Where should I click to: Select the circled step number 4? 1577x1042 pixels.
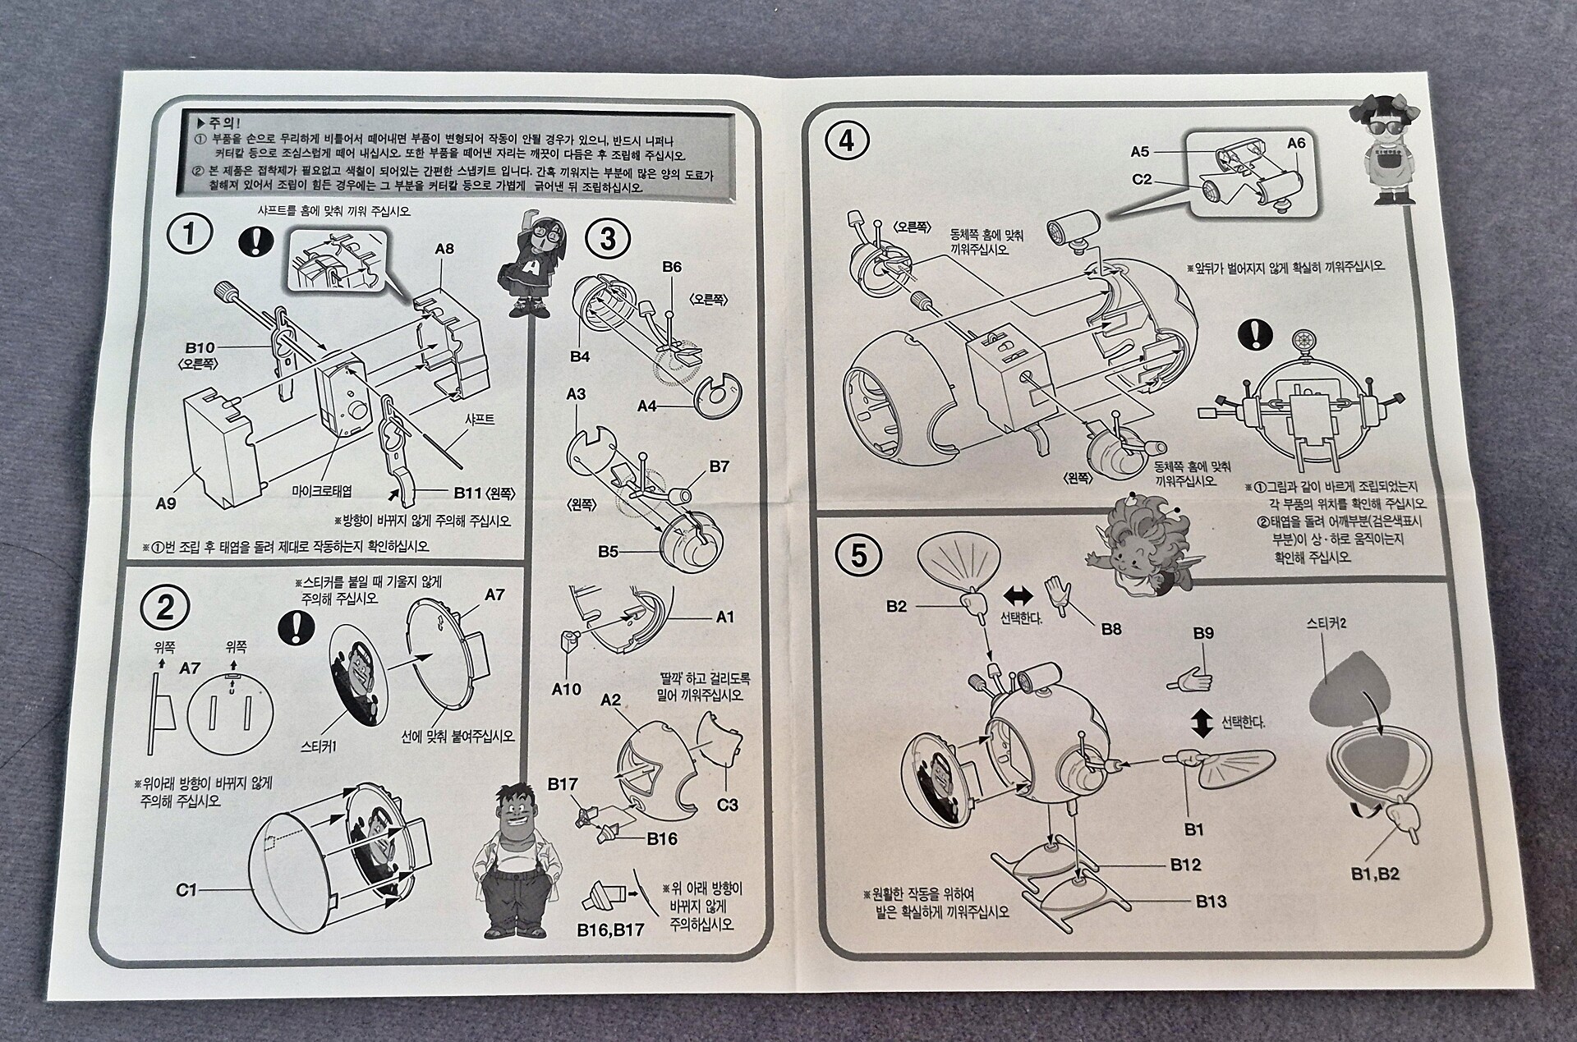pyautogui.click(x=847, y=141)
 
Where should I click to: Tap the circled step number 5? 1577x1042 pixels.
pyautogui.click(x=858, y=556)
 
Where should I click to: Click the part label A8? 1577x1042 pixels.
pyautogui.click(x=444, y=248)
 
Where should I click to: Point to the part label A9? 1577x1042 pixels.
pyautogui.click(x=166, y=503)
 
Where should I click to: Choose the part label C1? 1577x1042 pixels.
pyautogui.click(x=186, y=889)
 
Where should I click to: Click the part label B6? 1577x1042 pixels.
pyautogui.click(x=672, y=267)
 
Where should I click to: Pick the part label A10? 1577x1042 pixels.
pyautogui.click(x=566, y=690)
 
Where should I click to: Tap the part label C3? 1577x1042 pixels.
pyautogui.click(x=728, y=805)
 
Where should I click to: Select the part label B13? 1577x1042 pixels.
pyautogui.click(x=1211, y=901)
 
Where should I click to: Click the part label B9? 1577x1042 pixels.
pyautogui.click(x=1203, y=633)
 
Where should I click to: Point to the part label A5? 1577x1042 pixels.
pyautogui.click(x=1140, y=151)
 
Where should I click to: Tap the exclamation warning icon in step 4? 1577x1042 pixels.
pyautogui.click(x=1256, y=334)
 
